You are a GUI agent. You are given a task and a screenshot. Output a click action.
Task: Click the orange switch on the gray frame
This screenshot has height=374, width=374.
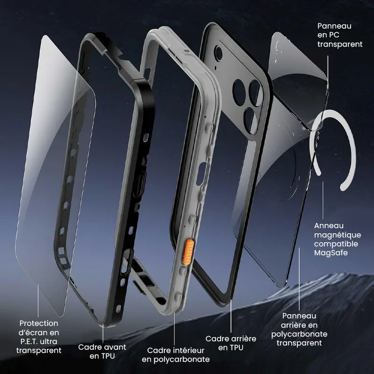pos(189,252)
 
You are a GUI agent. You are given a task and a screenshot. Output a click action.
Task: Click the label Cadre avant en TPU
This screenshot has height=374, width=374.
pos(102,352)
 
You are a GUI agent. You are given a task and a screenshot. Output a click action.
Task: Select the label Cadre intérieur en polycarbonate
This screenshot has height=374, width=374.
pos(176,355)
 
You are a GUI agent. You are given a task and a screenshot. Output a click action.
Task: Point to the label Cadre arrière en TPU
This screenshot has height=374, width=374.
pos(230,343)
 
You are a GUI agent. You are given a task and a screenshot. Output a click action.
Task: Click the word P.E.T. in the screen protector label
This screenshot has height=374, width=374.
pos(29,342)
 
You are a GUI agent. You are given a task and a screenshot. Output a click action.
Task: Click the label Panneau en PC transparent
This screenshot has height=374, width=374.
pos(340,35)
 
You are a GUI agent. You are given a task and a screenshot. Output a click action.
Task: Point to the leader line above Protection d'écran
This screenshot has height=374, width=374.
pos(38,300)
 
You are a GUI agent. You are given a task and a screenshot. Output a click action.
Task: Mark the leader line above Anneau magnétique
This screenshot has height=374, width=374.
pos(323,201)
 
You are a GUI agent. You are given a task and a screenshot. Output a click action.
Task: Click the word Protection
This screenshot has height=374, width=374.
pos(39,324)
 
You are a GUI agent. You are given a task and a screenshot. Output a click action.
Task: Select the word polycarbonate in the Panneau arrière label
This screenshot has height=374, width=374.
pos(299,334)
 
